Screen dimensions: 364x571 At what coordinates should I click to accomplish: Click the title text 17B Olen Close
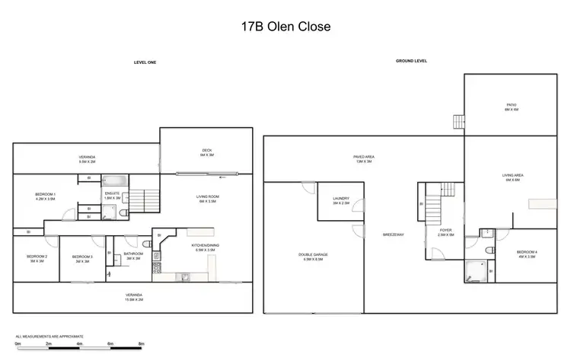[x=285, y=27]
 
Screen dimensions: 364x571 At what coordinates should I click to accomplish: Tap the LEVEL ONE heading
[x=145, y=62]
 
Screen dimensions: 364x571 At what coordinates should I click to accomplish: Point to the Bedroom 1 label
[x=45, y=196]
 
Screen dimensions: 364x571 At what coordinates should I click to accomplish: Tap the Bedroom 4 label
[x=526, y=254]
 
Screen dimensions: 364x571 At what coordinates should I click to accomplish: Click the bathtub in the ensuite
[x=114, y=182]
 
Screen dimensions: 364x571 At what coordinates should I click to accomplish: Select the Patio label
[x=511, y=107]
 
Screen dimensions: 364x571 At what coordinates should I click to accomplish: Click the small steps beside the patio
[x=458, y=122]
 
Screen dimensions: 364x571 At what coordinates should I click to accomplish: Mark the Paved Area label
[x=362, y=158]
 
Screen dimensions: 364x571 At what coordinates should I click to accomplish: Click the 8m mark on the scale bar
[x=142, y=344]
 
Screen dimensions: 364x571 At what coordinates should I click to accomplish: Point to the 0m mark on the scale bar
[x=18, y=344]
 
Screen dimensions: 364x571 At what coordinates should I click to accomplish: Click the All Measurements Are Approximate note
[x=49, y=335]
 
